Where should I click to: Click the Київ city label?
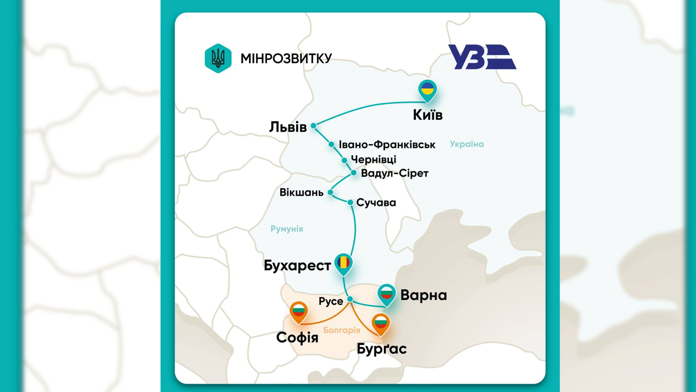[x=428, y=115]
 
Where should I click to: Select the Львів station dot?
[x=314, y=126]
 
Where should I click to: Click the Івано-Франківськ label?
[x=387, y=144]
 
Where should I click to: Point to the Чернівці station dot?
[x=344, y=160]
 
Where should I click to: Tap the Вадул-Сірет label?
[x=394, y=173]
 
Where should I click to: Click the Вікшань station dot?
[x=330, y=192]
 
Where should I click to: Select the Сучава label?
[x=376, y=203]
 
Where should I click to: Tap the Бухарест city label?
[x=297, y=265]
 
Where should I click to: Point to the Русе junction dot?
[x=350, y=299]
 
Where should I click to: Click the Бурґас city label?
[x=381, y=349]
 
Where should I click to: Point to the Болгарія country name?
[x=341, y=330]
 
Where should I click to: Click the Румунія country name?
[x=287, y=229]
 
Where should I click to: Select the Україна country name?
[x=467, y=144]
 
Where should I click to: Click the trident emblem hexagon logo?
[x=218, y=58]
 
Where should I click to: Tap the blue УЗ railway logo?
[x=482, y=57]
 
